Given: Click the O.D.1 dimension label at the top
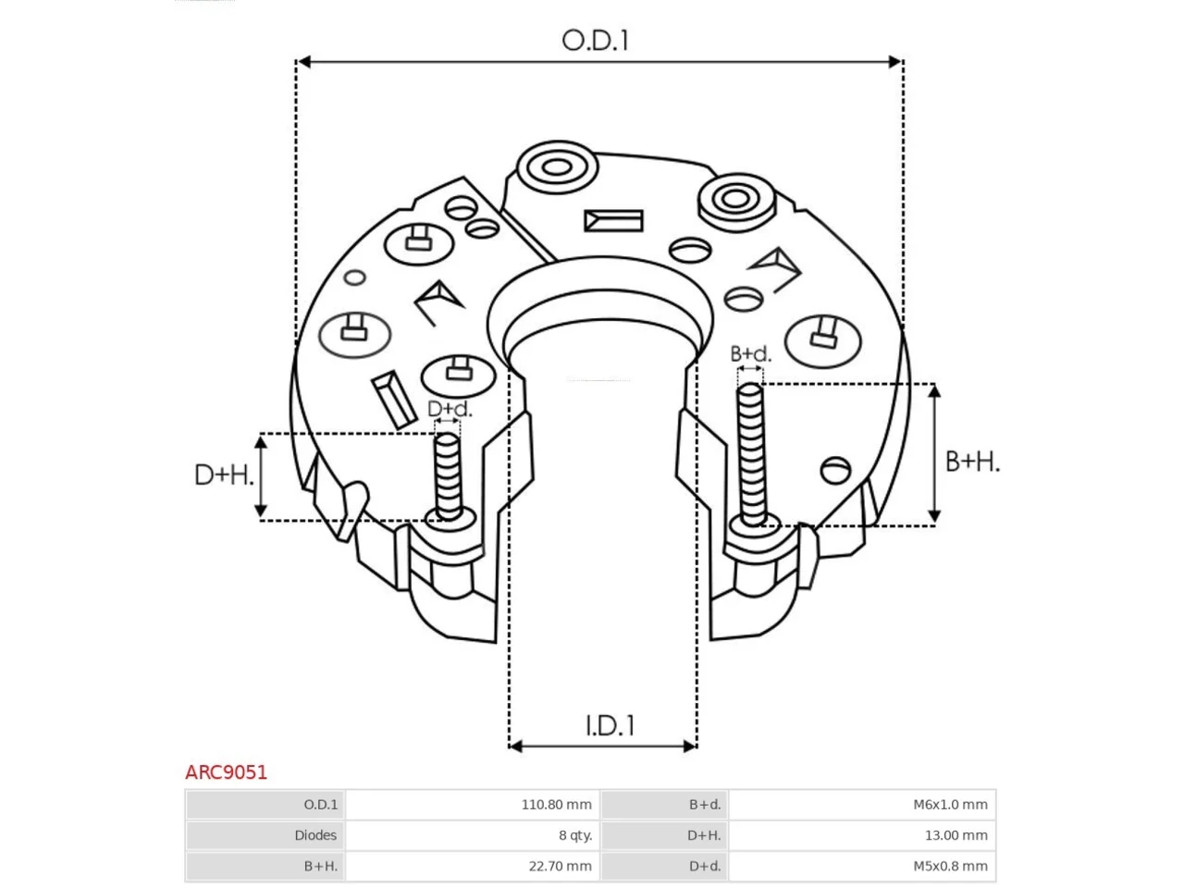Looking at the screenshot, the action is pos(595,41).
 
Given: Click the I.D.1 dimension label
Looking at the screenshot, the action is pos(610,726).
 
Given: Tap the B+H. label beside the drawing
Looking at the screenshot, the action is pos(972,462).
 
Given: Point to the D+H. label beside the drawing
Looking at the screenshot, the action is pos(223,475).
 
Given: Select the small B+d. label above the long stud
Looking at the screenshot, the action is pos(750,353).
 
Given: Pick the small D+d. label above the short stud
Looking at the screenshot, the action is pos(450,409).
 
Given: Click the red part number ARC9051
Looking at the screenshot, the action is pos(226,772).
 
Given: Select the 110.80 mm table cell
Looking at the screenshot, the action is pos(556,805).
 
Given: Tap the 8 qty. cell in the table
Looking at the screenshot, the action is pos(575,835).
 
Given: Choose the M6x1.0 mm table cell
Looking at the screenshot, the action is pos(950,805).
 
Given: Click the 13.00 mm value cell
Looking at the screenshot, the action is pos(956,835).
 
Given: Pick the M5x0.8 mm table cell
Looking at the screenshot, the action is pos(950,866).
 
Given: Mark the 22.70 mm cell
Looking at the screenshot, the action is pos(560,866).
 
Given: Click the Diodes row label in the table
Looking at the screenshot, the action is pos(315,835).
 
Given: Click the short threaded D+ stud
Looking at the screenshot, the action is pos(448,477).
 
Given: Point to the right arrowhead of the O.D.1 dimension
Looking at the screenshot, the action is pos(894,62).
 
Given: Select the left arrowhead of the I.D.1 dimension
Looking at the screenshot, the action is pos(515,746).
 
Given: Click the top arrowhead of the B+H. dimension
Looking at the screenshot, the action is pos(935,391).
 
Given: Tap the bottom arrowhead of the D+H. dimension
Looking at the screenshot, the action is pos(261,511).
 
